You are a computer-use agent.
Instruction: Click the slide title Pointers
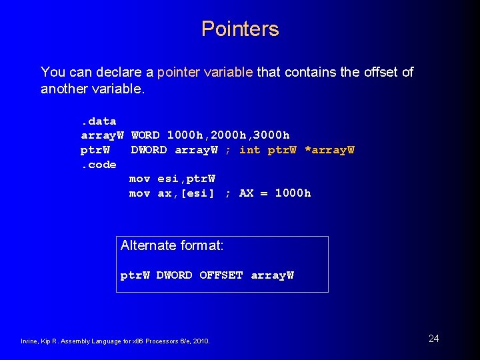240,29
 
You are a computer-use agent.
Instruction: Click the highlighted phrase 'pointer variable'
205,72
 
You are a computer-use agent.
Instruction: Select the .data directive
99,121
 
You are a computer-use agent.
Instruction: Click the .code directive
99,165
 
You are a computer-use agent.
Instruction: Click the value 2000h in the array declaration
228,135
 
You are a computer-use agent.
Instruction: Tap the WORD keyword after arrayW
145,135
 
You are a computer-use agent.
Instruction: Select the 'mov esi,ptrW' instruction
172,179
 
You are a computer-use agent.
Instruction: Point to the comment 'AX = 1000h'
275,193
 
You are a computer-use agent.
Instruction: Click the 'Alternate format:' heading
172,245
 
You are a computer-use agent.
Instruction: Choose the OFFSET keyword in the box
221,275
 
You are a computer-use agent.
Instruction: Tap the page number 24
433,339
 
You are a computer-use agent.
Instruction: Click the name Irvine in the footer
29,341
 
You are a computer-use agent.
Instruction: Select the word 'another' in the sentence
65,89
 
